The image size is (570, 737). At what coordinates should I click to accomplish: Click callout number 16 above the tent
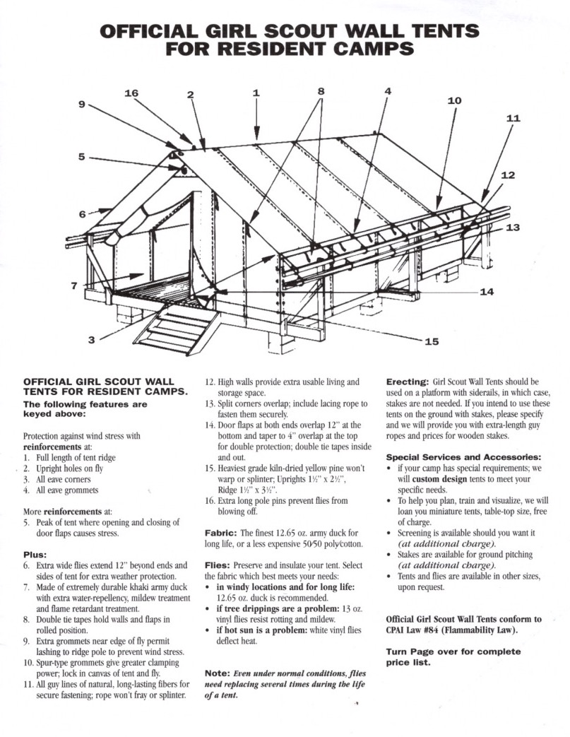click(x=131, y=93)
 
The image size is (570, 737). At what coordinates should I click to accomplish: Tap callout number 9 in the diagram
click(x=81, y=105)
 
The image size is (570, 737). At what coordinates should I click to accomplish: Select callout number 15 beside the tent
click(x=431, y=341)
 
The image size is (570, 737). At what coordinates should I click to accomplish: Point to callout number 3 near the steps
click(x=92, y=340)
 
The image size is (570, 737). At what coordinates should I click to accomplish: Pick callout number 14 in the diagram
click(x=487, y=291)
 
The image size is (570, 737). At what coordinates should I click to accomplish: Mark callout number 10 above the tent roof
click(x=454, y=100)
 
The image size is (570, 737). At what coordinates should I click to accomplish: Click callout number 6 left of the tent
click(x=83, y=214)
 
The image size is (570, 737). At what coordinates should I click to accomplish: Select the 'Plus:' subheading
click(x=37, y=555)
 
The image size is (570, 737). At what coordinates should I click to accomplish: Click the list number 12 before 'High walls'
click(x=210, y=382)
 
